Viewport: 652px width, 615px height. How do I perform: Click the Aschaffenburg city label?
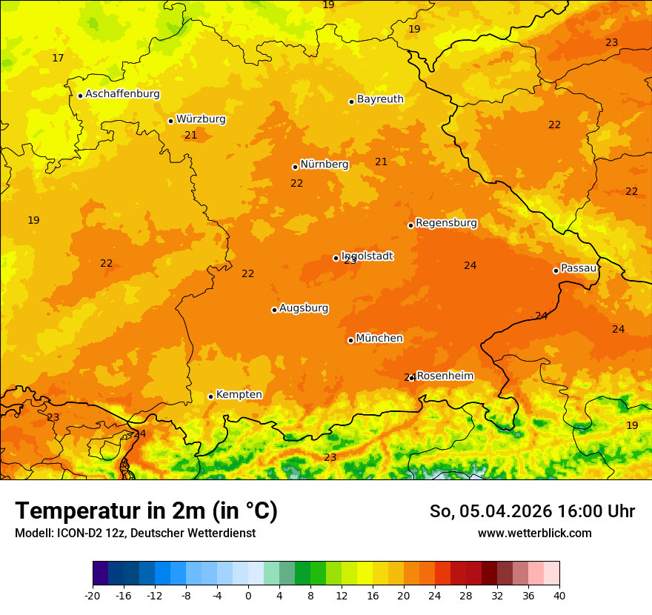[122, 94]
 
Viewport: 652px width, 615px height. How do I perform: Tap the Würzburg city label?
[201, 119]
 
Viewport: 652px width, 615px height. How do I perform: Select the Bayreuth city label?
[380, 99]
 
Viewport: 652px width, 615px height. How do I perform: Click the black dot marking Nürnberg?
[295, 167]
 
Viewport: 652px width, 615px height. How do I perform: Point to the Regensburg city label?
[446, 223]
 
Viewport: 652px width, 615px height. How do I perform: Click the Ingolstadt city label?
[367, 256]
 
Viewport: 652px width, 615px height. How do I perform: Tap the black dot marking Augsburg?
[274, 310]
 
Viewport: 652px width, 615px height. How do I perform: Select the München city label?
[379, 339]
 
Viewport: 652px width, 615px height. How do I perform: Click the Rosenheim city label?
[445, 376]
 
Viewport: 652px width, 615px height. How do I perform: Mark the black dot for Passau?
[556, 270]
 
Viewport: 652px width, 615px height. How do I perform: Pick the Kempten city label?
[239, 395]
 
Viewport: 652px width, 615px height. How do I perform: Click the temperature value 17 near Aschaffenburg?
[58, 59]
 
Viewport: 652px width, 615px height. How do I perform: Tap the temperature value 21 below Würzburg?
[191, 136]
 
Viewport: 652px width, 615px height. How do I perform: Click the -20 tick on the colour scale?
[93, 595]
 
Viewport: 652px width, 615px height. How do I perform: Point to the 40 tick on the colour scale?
[559, 595]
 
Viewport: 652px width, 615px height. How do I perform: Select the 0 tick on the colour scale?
[248, 595]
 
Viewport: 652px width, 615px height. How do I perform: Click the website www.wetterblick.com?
[534, 533]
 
